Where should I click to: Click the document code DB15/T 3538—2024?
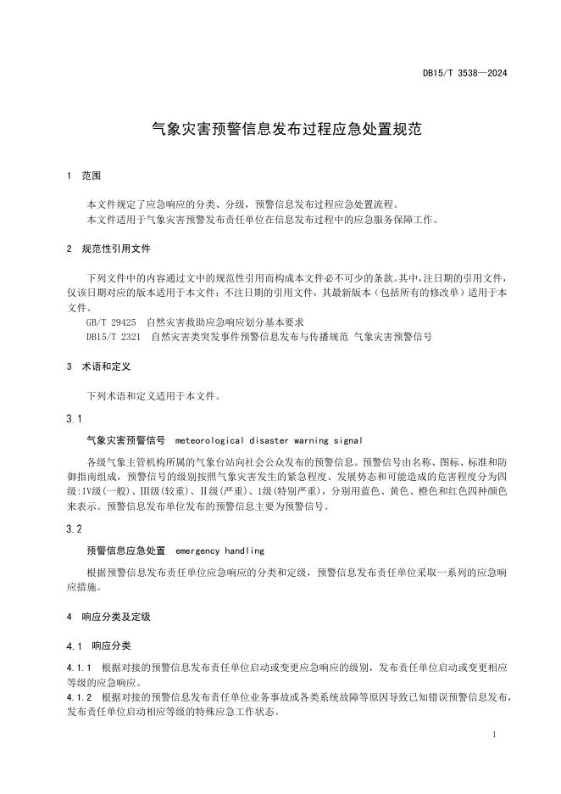tap(465, 74)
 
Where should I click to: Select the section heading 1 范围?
tap(83, 176)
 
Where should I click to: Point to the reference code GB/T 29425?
tap(111, 323)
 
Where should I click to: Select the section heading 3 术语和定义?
tap(97, 366)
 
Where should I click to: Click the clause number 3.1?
tap(74, 418)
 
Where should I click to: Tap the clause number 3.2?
tap(74, 528)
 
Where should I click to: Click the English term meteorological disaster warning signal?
tap(269, 441)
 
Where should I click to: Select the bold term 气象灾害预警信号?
tap(125, 441)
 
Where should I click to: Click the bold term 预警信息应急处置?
tap(125, 551)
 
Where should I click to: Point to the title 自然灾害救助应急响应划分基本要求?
tap(225, 323)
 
